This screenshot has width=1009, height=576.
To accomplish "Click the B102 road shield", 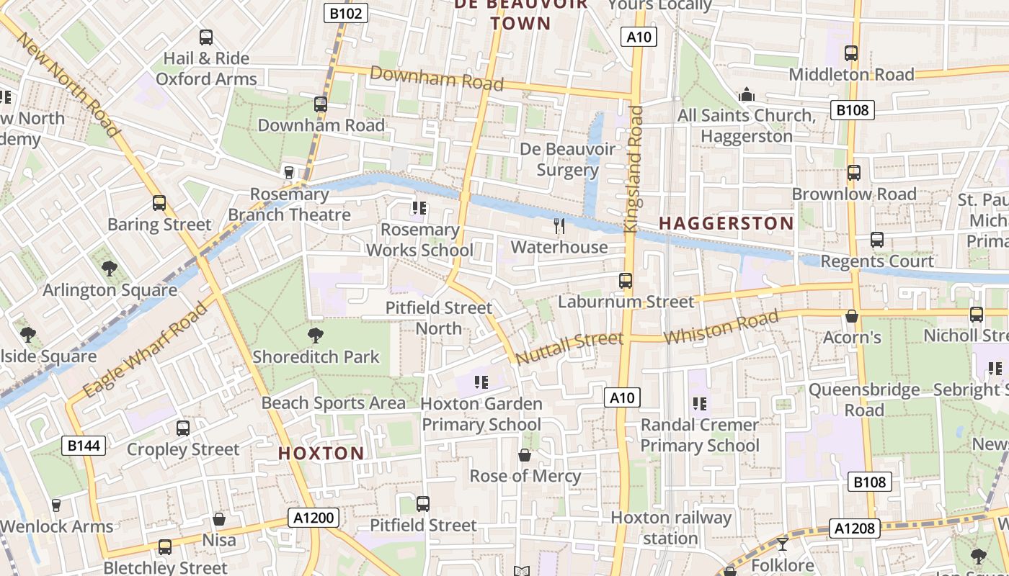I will (346, 12).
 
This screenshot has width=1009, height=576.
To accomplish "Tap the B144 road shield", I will (84, 446).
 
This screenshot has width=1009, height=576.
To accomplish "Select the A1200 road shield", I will (314, 517).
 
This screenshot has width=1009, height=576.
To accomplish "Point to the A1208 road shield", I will (855, 528).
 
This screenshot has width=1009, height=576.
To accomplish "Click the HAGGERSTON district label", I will (726, 223).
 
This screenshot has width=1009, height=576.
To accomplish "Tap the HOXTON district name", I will (321, 453).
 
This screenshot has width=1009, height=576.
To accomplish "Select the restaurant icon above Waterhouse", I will (559, 226).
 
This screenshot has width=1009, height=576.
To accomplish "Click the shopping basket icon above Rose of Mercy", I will (525, 455).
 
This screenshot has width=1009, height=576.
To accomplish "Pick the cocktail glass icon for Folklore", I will (783, 544).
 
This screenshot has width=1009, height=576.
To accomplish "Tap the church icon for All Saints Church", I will (747, 94).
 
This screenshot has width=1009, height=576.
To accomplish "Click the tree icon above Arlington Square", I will (110, 269).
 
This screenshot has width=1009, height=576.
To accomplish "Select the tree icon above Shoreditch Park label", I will (315, 335).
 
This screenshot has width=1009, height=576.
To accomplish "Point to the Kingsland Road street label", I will (634, 169).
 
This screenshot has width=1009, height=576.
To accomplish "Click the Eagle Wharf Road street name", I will (145, 351).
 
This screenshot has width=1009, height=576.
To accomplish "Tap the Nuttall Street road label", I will (569, 347).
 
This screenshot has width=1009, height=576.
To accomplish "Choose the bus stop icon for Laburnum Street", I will (626, 281).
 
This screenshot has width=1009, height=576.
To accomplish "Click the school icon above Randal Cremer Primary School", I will (699, 403).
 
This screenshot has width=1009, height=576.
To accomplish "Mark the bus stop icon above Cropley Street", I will (183, 428).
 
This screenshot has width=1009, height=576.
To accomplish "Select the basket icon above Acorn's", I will (852, 316).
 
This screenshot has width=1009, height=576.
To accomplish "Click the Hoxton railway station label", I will (671, 528).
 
